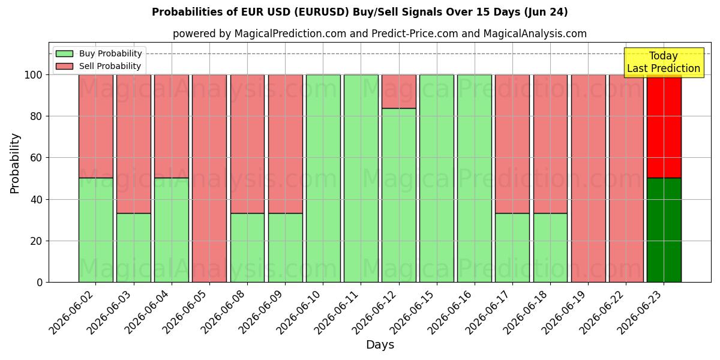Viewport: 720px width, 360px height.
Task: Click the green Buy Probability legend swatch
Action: pyautogui.click(x=64, y=53)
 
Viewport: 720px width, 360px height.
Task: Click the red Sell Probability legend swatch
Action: pyautogui.click(x=64, y=66)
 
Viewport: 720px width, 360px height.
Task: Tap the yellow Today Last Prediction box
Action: pyautogui.click(x=664, y=62)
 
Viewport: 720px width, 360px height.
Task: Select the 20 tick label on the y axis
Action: pyautogui.click(x=36, y=241)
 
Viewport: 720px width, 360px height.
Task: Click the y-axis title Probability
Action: pyautogui.click(x=15, y=163)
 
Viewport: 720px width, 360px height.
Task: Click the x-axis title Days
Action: pyautogui.click(x=380, y=344)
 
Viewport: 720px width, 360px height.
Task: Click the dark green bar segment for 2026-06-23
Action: pyautogui.click(x=664, y=230)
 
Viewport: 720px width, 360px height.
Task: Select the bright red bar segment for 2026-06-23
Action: pyautogui.click(x=664, y=127)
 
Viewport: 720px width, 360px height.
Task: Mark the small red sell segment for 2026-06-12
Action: pyautogui.click(x=399, y=92)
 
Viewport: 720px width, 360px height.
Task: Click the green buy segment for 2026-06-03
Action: pyautogui.click(x=134, y=248)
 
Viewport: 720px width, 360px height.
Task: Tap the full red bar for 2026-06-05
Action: pyautogui.click(x=209, y=179)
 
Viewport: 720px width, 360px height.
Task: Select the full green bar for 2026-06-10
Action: pyautogui.click(x=323, y=179)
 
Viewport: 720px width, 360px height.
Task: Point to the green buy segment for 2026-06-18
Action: pyautogui.click(x=550, y=248)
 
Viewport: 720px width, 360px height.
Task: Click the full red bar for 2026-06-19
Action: pyautogui.click(x=588, y=179)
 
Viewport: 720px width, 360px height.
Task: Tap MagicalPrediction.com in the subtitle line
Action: pyautogui.click(x=290, y=34)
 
